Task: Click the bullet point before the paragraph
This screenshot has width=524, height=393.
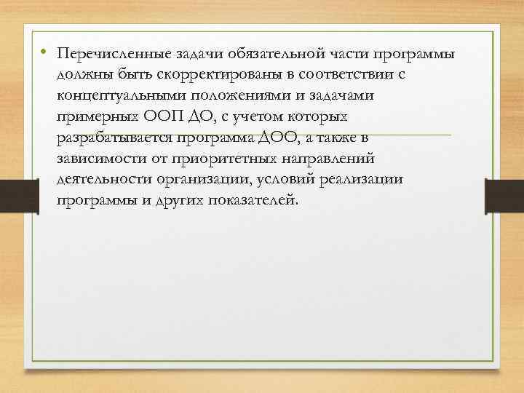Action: (44, 52)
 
